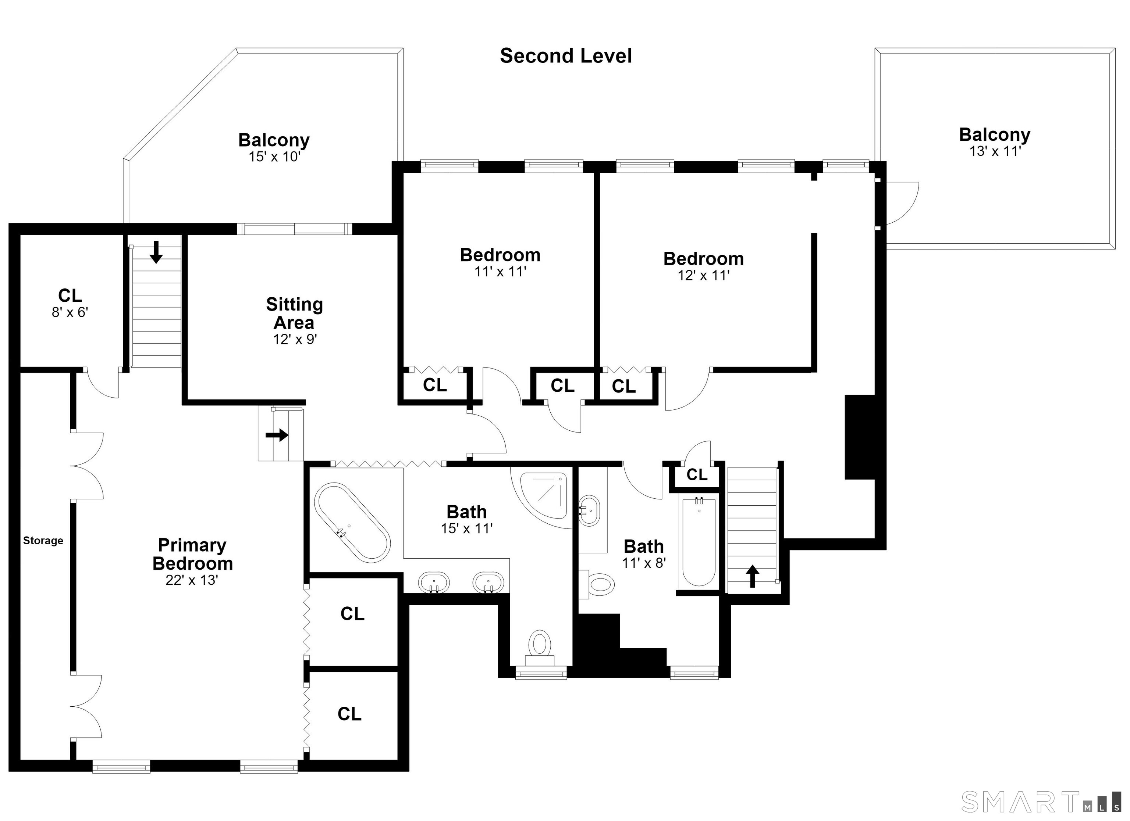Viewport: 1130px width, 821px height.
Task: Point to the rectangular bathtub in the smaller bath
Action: (699, 541)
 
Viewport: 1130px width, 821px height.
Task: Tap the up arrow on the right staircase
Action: (752, 576)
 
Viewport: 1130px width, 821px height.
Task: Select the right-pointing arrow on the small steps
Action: (277, 435)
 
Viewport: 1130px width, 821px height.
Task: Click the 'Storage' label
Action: (43, 541)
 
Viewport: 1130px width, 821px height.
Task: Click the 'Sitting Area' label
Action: (295, 313)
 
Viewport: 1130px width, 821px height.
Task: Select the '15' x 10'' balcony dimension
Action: (274, 157)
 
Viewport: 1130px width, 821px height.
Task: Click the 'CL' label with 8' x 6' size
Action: (70, 295)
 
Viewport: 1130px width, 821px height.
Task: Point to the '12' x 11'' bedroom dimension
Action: (704, 275)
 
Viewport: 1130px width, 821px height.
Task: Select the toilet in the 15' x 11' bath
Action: (540, 647)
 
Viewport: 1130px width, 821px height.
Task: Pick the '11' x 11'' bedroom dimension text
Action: (500, 271)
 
